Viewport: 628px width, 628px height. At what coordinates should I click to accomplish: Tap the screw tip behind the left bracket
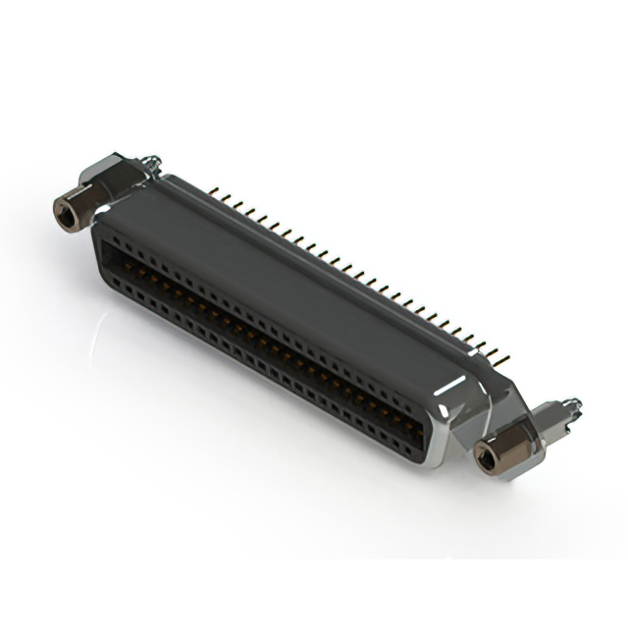point(150,159)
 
